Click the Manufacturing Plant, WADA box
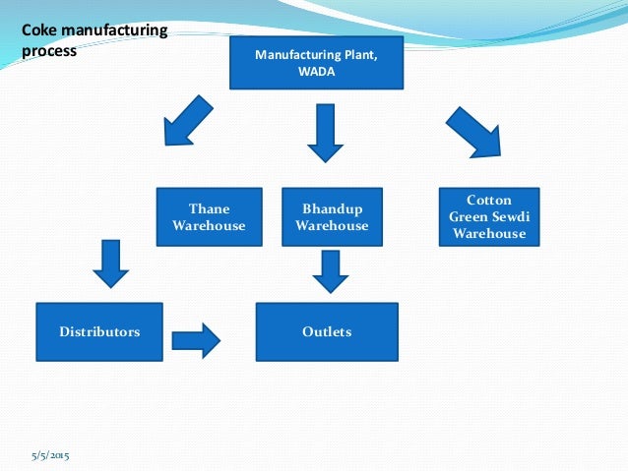(x=315, y=63)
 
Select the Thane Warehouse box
(x=209, y=216)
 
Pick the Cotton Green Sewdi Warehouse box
(x=489, y=216)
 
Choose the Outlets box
(x=327, y=331)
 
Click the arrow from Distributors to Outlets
(x=196, y=340)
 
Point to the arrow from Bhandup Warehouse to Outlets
(x=331, y=269)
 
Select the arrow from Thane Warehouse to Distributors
(x=110, y=263)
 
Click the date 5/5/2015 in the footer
(x=50, y=454)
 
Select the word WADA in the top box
(x=315, y=73)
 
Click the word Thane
(x=209, y=207)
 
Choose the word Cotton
(x=489, y=201)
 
